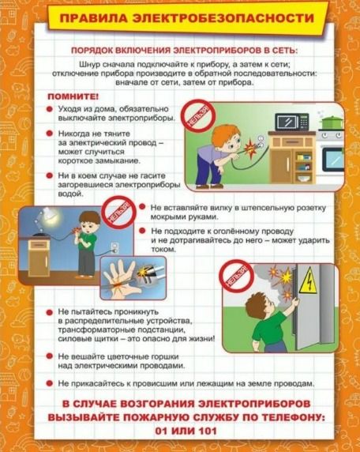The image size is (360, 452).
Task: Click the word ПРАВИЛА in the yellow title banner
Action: pos(94,18)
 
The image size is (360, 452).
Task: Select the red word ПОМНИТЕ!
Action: pos(73,96)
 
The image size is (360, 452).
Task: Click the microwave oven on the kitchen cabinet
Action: pos(292,122)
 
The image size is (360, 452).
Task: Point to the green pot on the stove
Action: pos(332,122)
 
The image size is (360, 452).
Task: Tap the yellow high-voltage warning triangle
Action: pos(308,281)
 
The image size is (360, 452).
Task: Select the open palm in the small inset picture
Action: pos(119,279)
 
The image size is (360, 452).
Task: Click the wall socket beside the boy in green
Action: pos(114,247)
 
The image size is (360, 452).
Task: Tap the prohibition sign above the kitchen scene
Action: pos(199,116)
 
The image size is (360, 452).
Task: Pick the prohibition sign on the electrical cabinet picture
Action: pos(236,276)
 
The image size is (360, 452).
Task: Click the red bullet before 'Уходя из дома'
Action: pos(50,109)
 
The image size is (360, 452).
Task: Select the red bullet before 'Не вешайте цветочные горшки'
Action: pos(50,356)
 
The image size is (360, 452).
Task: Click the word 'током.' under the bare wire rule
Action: pos(163,250)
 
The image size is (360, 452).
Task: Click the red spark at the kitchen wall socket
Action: pos(249,147)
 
